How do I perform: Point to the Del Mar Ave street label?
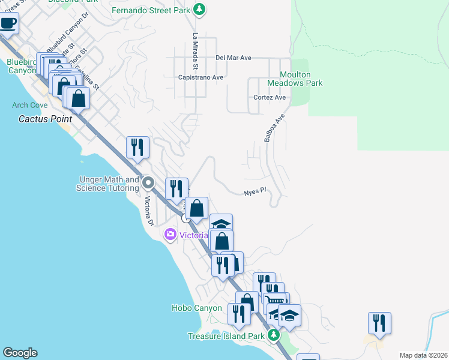(233, 58)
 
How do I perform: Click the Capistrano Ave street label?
(200, 77)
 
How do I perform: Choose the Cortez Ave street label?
(270, 97)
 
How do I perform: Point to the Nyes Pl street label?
(255, 193)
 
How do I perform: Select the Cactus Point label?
(46, 119)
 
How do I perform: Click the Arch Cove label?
(29, 105)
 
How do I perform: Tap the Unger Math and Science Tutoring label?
(107, 184)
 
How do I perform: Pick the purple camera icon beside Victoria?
(170, 235)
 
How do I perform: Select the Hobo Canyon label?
(197, 308)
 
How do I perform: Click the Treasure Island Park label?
(226, 336)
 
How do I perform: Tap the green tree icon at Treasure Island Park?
(274, 335)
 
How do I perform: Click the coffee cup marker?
(8, 23)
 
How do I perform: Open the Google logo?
(20, 353)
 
